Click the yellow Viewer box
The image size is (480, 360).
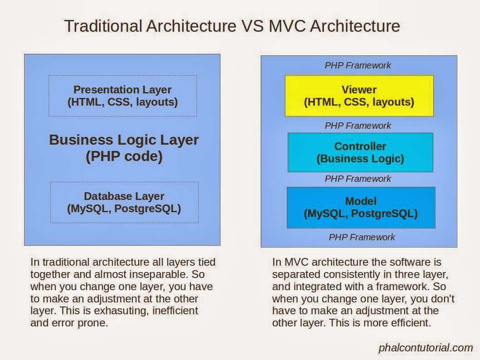pos(359,96)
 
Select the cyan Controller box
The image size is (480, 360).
pos(360,152)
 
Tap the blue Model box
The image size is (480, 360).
pos(361,207)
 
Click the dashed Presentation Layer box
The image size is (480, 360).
pos(122,96)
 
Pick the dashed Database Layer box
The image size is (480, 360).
pos(124,202)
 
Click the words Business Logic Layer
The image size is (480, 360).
pos(124,140)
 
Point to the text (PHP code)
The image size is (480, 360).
pos(124,157)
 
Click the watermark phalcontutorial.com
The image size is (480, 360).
pos(425,348)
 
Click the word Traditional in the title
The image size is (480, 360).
pos(103,26)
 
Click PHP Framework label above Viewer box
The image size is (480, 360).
pos(358,65)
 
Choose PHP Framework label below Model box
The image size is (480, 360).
pos(362,237)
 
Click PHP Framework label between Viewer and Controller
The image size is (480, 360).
pos(358,126)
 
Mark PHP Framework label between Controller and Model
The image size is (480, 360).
pos(358,179)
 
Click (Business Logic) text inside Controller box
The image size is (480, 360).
pos(360,159)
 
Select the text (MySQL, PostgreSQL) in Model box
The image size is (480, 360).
pos(361,213)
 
